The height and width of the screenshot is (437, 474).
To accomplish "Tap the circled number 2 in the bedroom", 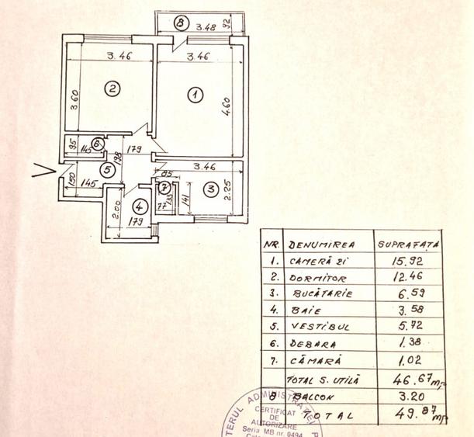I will point(112,88).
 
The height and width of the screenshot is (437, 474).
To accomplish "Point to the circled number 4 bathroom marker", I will point(138,208).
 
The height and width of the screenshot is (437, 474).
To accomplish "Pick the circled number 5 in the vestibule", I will point(112,170).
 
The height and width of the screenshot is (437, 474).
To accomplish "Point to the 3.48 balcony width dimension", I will point(206,26).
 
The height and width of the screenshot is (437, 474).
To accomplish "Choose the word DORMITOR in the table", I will point(317,278).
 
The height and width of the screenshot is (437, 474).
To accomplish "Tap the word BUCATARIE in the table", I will point(323,295).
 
